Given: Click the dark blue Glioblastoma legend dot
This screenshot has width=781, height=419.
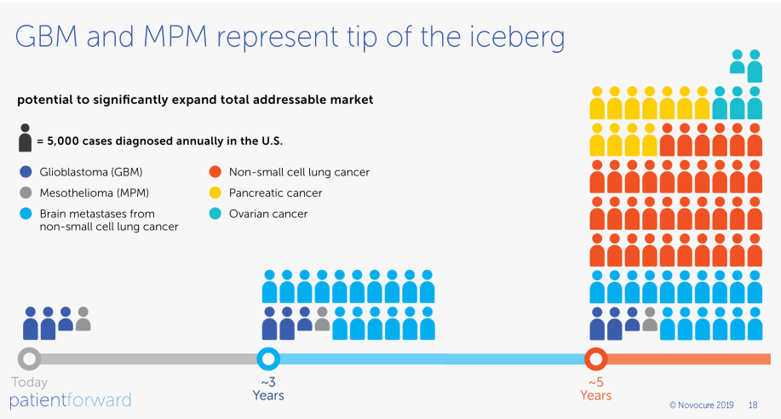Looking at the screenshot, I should point(26,172).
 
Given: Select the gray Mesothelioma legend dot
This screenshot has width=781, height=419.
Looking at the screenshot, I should point(26,192).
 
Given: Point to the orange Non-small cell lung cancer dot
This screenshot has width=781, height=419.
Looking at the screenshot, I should point(215,172).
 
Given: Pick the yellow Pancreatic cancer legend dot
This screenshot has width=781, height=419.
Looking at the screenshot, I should point(215,192).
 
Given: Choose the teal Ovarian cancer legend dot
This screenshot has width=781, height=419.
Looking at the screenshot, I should point(215,214).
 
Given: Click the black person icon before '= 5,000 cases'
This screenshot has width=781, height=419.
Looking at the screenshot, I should point(25,138).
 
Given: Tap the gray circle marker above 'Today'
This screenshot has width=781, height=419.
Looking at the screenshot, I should point(30,358).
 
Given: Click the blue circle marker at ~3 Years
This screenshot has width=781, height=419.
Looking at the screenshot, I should point(268,358).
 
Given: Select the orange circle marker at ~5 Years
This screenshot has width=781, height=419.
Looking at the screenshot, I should point(595,358).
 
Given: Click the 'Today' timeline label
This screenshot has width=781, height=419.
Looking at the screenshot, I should point(30,382).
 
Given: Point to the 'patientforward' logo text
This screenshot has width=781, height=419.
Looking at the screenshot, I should point(71,399).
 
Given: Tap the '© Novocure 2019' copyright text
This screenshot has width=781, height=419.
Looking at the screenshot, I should point(702,405).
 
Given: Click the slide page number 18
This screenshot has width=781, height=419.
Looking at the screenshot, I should point(753,405).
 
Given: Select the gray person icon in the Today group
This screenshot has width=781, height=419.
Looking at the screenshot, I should point(83,319).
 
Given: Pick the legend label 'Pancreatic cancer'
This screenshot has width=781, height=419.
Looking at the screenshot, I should point(275,193).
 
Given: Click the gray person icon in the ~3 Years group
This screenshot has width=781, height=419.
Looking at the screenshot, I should point(322,319).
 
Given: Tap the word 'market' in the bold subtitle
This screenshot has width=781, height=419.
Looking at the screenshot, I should point(351,100).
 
